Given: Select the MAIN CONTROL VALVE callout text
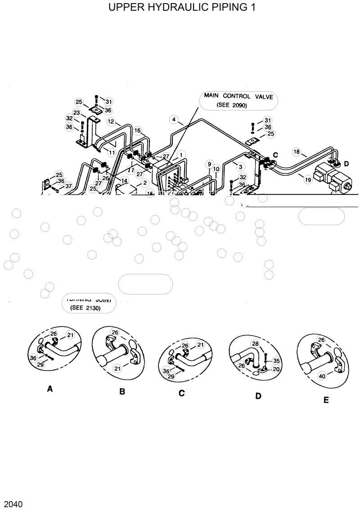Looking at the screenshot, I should (238, 96).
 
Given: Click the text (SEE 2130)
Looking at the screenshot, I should (85, 308).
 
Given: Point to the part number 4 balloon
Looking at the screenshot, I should (173, 119).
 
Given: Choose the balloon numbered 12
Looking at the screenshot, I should (111, 121).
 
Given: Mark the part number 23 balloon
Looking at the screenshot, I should (77, 113).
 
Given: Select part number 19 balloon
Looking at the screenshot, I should (308, 180).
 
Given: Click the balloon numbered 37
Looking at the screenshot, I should (68, 186).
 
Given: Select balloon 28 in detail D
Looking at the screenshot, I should (255, 344).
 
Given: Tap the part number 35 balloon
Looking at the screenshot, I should (276, 361).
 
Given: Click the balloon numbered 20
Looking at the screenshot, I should (276, 369).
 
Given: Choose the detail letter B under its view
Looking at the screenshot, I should (122, 391).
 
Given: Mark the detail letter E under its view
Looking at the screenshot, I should (326, 399).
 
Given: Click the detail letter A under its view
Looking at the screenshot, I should (49, 389).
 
